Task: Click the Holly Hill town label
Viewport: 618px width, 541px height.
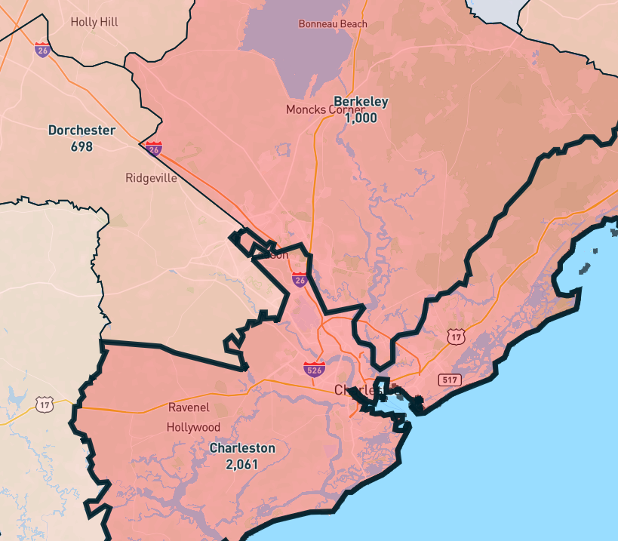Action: coord(94,22)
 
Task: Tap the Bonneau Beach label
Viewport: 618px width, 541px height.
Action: coord(333,24)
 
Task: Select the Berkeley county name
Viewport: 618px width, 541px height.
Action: coord(361,102)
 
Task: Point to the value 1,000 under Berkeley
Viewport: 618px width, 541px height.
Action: coord(361,118)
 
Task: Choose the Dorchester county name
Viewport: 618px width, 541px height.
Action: coord(81,130)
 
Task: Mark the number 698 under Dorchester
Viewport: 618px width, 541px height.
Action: coord(81,146)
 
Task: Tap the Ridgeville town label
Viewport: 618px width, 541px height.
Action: coord(151,179)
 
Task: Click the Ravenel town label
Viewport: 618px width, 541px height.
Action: coord(189,407)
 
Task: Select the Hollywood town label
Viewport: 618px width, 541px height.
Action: coord(194,427)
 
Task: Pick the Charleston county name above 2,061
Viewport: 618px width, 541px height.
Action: coord(242,448)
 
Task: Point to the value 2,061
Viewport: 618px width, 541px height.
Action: coord(242,464)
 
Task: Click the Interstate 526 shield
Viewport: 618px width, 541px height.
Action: coord(315,369)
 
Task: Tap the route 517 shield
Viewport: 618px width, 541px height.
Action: coord(450,380)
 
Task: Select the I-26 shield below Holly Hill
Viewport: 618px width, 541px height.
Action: coord(42,50)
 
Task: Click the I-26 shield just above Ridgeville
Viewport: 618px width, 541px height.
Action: coord(154,148)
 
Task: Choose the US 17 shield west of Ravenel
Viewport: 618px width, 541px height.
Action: coord(45,405)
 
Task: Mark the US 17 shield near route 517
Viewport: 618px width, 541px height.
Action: coord(455,337)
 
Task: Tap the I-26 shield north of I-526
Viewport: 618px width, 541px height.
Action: coord(300,280)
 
